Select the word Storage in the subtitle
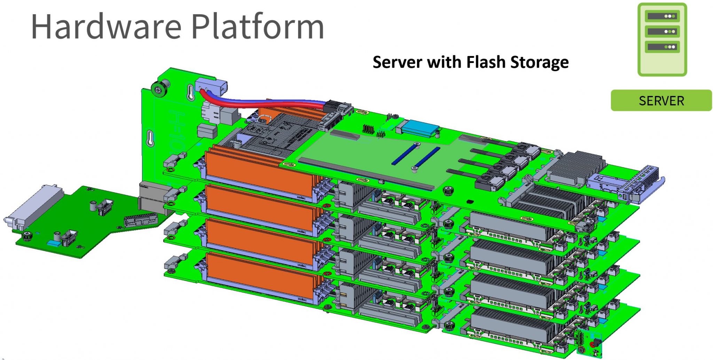click(x=539, y=63)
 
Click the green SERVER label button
click(x=661, y=101)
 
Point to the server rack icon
click(x=662, y=39)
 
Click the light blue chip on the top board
click(x=419, y=128)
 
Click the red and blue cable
click(x=265, y=103)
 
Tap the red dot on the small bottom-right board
click(x=592, y=344)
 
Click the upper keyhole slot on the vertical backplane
click(x=191, y=92)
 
